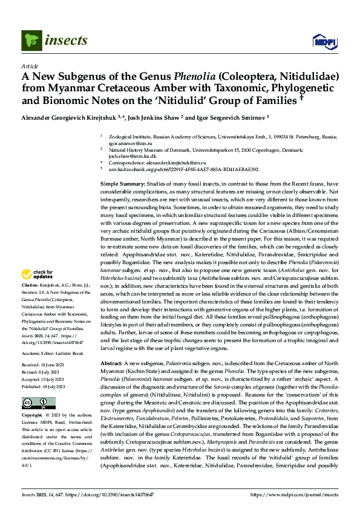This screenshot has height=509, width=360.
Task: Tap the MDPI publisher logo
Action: (x=321, y=41)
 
